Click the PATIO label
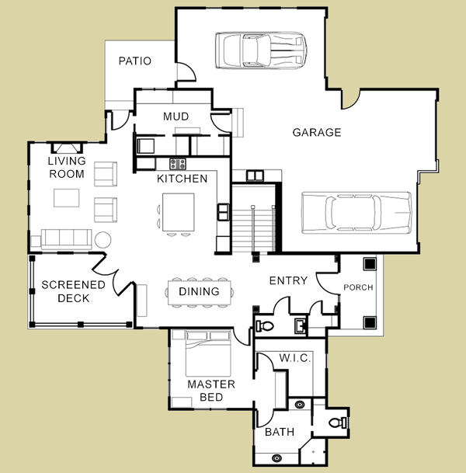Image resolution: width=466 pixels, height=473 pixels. pyautogui.click(x=135, y=61)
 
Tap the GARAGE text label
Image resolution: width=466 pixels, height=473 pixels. pyautogui.click(x=317, y=132)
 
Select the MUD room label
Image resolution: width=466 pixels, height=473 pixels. pyautogui.click(x=176, y=117)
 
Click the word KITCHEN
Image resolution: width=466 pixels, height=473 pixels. pyautogui.click(x=183, y=179)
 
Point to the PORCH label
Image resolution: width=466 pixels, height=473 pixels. pyautogui.click(x=358, y=287)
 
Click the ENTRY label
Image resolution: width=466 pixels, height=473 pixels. pyautogui.click(x=288, y=280)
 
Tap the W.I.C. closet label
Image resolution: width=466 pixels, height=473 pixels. pyautogui.click(x=294, y=358)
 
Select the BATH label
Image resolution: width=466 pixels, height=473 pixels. pyautogui.click(x=280, y=432)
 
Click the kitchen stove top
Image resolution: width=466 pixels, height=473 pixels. pyautogui.click(x=178, y=164)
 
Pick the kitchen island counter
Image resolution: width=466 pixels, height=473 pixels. pyautogui.click(x=179, y=212)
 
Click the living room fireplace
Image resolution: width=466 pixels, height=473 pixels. pyautogui.click(x=67, y=148)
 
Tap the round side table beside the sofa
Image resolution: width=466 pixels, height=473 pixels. pyautogui.click(x=103, y=240)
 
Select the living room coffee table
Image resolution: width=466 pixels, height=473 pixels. pyautogui.click(x=67, y=198)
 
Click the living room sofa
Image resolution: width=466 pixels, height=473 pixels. pyautogui.click(x=66, y=239)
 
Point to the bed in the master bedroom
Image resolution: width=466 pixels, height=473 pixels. pyautogui.click(x=208, y=353)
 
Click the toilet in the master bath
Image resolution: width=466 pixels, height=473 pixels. pyautogui.click(x=338, y=423)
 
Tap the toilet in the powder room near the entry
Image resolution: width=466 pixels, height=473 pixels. pyautogui.click(x=265, y=325)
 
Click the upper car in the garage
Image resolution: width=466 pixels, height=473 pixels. pyautogui.click(x=261, y=50)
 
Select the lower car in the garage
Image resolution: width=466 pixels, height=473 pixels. pyautogui.click(x=356, y=212)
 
